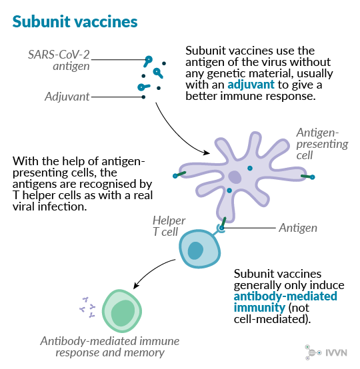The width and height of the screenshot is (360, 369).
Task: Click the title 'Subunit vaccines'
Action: click(75, 22)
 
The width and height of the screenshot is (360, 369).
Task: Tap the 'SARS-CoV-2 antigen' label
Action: click(59, 60)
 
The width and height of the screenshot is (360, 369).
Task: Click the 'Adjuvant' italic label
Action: click(67, 97)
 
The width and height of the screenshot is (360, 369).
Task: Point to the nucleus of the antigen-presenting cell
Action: click(235, 177)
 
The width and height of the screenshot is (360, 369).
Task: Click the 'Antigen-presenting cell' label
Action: click(322, 144)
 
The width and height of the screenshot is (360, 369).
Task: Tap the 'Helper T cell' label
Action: click(169, 226)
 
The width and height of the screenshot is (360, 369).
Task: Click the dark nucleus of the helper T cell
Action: click(195, 250)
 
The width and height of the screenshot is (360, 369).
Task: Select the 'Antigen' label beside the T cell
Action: click(298, 228)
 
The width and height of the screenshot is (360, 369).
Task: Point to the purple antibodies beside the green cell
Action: click(87, 307)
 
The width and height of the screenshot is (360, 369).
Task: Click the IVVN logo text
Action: click(336, 353)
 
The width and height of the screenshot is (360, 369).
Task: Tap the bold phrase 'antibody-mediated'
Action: click(285, 296)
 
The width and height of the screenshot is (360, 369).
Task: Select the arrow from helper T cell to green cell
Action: click(152, 271)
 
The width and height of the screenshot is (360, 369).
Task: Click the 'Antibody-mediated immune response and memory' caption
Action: click(110, 346)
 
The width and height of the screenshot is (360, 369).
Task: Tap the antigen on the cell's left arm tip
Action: click(179, 175)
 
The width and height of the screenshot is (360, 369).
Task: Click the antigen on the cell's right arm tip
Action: click(308, 177)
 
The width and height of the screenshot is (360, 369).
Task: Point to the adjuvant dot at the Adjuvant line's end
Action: click(143, 97)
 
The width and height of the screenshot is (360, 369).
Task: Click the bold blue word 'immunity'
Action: click(259, 308)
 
